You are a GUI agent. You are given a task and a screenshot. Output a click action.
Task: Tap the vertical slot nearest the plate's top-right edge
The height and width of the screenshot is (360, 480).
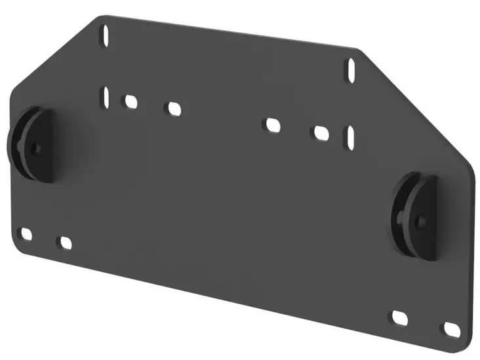351,69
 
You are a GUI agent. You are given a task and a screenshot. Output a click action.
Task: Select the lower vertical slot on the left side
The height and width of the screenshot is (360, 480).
105,97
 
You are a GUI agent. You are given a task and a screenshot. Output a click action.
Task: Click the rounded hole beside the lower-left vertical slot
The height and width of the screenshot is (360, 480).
130,102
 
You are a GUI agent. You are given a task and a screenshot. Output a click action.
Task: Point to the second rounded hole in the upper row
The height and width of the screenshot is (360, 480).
174,109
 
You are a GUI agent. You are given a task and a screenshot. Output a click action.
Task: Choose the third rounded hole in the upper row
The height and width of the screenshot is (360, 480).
273,125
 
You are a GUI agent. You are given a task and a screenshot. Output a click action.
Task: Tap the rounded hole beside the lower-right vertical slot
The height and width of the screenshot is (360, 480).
321,132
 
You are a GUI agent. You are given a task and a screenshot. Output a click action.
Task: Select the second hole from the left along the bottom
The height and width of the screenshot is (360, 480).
65,243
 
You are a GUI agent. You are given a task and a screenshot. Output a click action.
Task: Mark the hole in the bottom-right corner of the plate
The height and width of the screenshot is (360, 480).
451,327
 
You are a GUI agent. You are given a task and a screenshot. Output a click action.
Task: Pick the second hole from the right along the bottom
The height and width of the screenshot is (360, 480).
400,317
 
